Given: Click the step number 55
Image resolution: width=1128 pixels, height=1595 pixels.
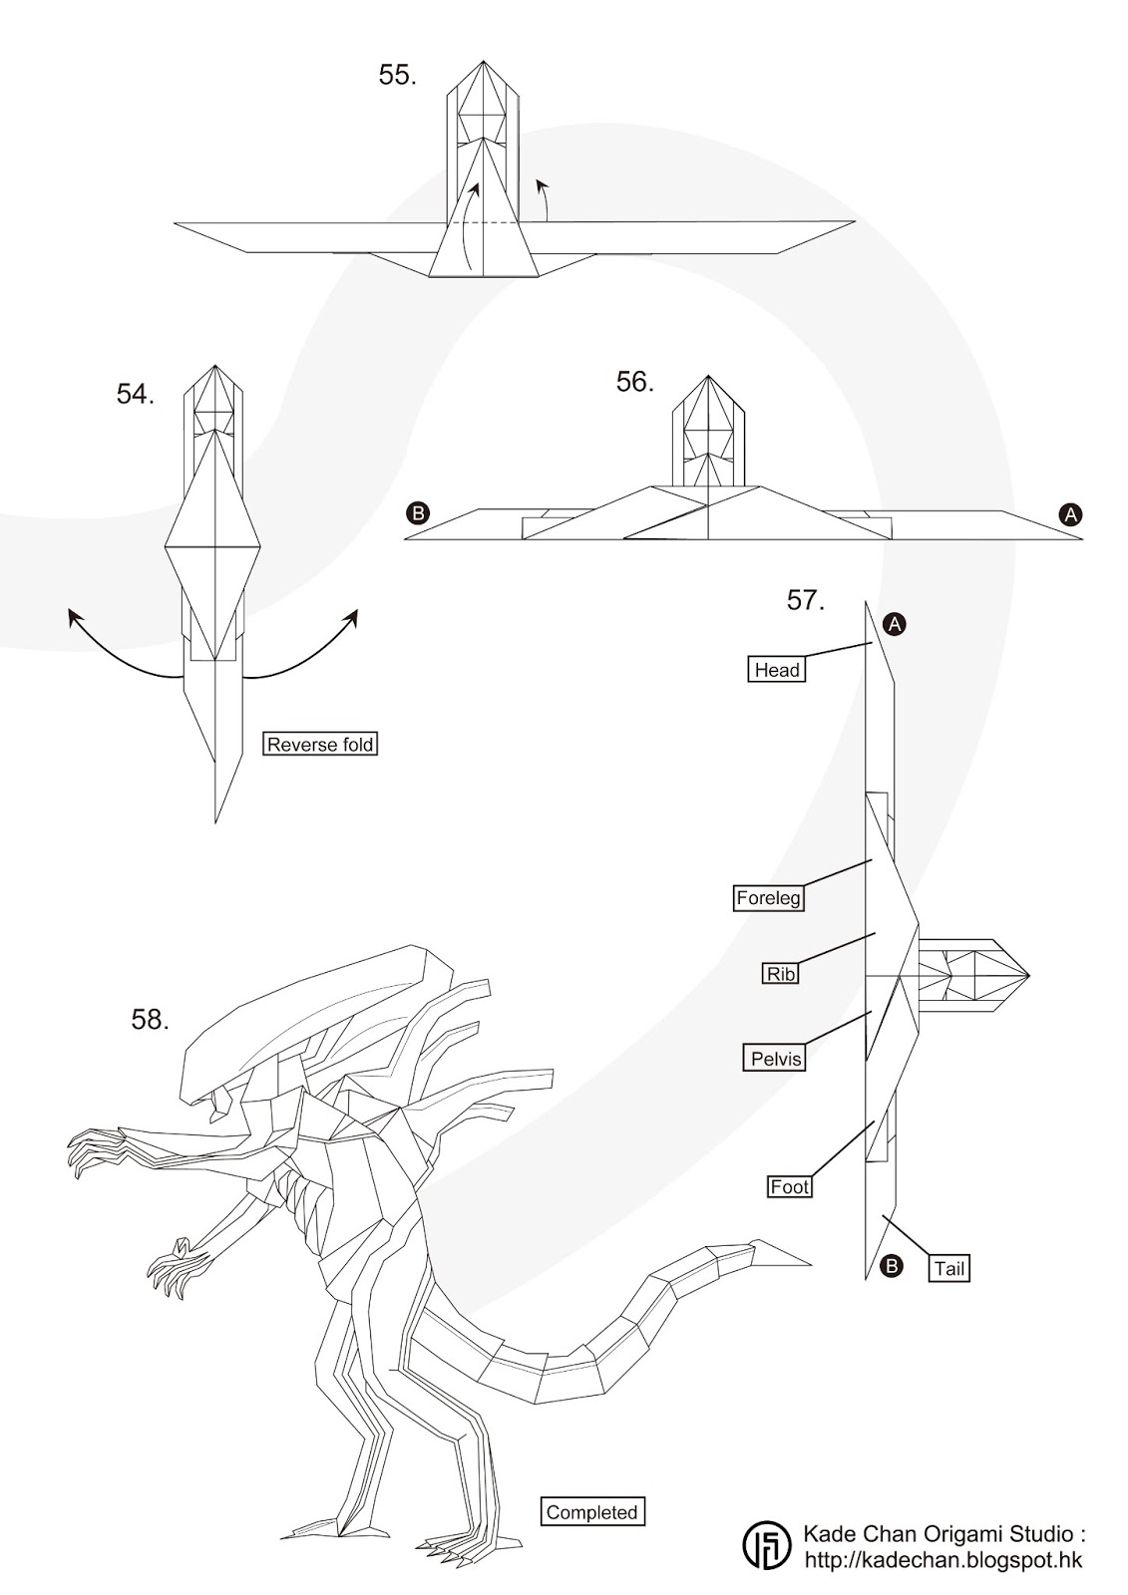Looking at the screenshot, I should point(397,76).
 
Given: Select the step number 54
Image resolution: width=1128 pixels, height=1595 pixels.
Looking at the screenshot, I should point(136,395).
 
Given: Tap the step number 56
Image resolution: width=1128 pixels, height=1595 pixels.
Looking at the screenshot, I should point(635,382).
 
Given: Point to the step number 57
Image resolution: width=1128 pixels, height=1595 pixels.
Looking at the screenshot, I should point(806,601).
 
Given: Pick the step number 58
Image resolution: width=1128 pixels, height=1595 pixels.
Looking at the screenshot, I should point(150,1020).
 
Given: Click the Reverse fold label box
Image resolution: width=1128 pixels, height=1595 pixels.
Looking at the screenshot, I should point(320,744).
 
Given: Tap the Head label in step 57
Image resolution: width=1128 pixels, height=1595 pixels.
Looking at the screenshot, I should point(777,670).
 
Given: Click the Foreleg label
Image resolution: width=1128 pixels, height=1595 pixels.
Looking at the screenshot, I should point(769,898).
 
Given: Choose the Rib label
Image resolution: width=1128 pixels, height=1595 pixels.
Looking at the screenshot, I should point(781,974).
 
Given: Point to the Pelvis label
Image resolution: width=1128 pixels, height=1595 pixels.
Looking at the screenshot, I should point(775,1058).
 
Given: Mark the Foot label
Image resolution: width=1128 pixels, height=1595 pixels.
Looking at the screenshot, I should point(790,1187).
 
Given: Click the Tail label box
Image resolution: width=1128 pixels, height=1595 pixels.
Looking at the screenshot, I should point(949,1269).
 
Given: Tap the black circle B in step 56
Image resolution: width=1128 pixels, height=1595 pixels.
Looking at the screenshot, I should point(417,514).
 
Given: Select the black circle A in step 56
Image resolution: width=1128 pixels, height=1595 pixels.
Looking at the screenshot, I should point(1071,514).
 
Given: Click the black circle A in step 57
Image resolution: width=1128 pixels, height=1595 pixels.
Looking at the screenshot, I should point(896,624).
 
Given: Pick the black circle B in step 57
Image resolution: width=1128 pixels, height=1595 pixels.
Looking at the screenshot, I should point(892,1267).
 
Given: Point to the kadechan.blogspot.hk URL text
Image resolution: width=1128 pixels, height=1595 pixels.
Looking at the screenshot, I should point(942,1560).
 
